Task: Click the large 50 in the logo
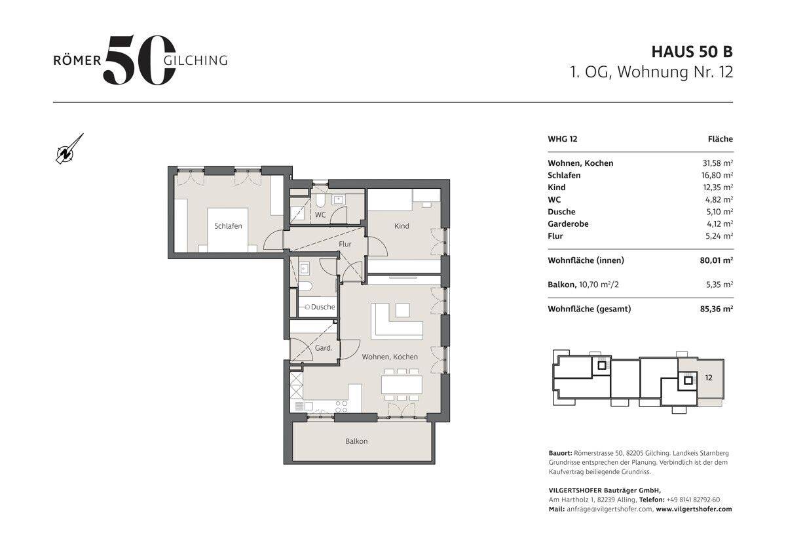point(140,60)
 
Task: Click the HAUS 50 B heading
point(692,52)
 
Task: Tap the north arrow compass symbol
point(69,149)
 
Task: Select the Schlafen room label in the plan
point(228,226)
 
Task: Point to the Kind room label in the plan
point(402,226)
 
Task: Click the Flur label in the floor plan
point(345,244)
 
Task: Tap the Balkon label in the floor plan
point(356,441)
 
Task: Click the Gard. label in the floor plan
point(324,348)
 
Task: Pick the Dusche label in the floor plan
point(323,307)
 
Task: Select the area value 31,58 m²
point(718,163)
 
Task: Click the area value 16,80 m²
point(718,175)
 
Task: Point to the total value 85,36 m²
point(716,309)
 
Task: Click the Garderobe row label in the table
point(568,224)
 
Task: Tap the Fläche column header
point(720,139)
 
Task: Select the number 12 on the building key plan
point(709,378)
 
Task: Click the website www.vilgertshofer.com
point(694,509)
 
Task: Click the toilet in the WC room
point(320,201)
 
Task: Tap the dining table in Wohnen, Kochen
point(402,385)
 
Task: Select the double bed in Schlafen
point(228,230)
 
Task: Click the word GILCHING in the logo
point(195,60)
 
